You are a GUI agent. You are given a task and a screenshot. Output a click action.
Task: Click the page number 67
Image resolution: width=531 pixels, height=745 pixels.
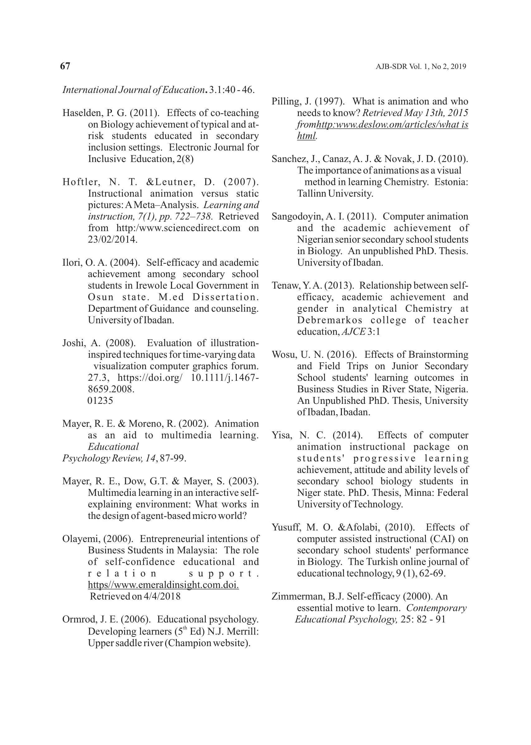click(x=65, y=66)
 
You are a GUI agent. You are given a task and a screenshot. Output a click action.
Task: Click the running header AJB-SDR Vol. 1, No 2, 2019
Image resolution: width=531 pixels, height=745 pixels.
click(x=421, y=67)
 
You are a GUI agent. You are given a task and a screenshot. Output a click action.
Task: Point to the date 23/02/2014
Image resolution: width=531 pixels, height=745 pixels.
click(x=112, y=239)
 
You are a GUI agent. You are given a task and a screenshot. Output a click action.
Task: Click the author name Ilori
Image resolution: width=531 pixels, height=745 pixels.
click(x=72, y=263)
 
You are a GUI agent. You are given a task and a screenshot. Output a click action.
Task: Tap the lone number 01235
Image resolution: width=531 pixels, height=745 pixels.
click(x=100, y=401)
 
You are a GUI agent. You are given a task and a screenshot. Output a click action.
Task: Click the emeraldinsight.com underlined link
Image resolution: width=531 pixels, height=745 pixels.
click(x=163, y=585)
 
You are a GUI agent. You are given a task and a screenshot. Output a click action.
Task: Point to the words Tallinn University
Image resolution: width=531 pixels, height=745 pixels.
click(x=335, y=194)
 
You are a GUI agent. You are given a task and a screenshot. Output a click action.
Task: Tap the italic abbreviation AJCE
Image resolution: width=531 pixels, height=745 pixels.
click(x=353, y=332)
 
